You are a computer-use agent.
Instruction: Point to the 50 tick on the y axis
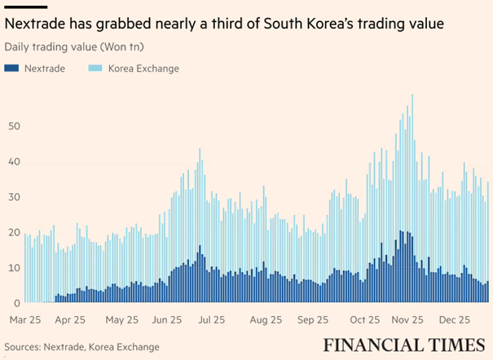[12, 125]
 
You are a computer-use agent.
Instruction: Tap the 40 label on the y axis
[12, 161]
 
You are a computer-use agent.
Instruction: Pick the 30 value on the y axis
[12, 197]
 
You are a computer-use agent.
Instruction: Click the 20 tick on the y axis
[12, 233]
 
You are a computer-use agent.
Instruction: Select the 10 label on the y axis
[12, 268]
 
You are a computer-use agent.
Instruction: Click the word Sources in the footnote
[24, 346]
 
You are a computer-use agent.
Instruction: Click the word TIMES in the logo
[452, 344]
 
